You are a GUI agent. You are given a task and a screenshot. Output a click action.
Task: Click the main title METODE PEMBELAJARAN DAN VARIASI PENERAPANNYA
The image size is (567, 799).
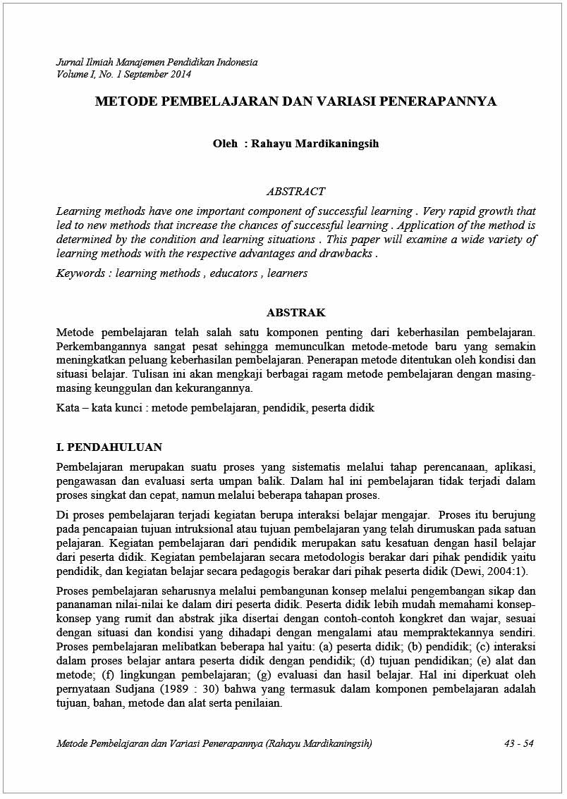click(295, 101)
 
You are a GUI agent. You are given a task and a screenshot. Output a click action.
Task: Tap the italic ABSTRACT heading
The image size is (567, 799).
click(295, 192)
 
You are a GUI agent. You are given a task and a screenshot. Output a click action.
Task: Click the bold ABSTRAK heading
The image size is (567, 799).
click(295, 313)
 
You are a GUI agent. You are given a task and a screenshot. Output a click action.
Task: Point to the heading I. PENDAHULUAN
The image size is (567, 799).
click(109, 447)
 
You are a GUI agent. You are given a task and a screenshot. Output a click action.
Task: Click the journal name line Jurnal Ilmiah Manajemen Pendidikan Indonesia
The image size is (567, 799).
click(157, 63)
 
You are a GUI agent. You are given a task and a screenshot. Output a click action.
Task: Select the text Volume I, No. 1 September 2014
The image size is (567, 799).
click(123, 74)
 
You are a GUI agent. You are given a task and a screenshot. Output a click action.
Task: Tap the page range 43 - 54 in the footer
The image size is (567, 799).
click(519, 744)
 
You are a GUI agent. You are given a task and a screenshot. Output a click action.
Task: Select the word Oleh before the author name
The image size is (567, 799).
click(225, 144)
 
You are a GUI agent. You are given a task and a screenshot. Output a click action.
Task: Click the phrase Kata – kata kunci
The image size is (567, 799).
click(99, 408)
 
